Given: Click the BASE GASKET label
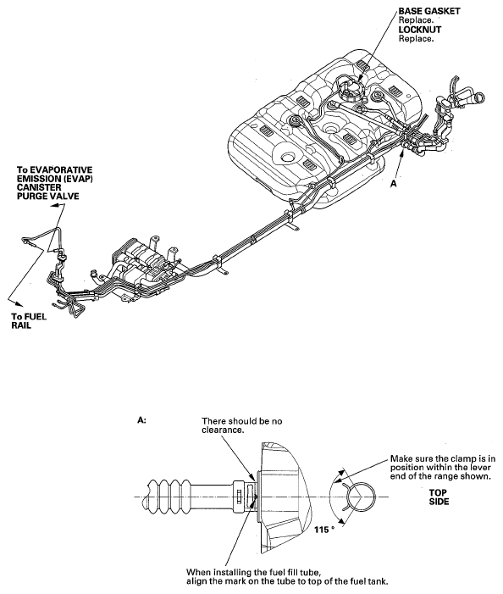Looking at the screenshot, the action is (x=429, y=11).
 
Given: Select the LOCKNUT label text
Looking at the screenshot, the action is (x=420, y=30).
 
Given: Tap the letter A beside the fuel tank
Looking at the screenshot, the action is (x=394, y=183).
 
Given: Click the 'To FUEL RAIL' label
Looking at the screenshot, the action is (x=29, y=321).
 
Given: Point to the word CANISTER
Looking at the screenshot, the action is (x=39, y=187).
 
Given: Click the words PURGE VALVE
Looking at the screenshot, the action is (x=48, y=197).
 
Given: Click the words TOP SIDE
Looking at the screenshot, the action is (x=439, y=497).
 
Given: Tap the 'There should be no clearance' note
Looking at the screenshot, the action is (x=242, y=425).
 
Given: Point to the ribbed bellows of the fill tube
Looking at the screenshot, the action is (x=169, y=497).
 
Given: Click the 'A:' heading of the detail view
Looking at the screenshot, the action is (x=142, y=420).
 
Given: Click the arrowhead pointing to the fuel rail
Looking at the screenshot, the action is (x=19, y=303).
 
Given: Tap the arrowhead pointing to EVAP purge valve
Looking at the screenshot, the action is (x=56, y=205).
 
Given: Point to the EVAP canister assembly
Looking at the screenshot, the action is (x=146, y=265).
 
